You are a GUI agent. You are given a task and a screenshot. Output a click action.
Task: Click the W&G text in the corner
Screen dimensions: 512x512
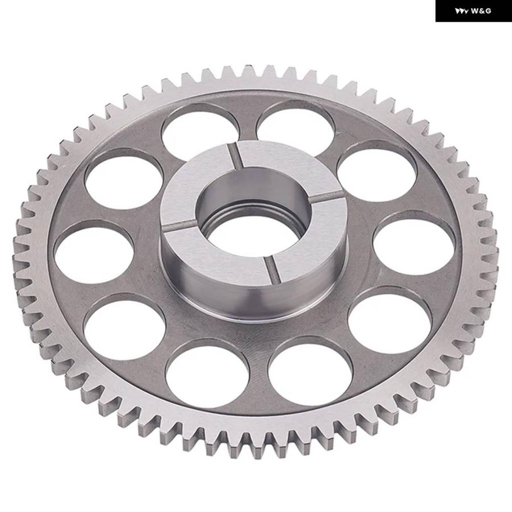tap(481, 11)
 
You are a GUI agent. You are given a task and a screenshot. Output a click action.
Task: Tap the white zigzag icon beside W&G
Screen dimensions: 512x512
tap(462, 11)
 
